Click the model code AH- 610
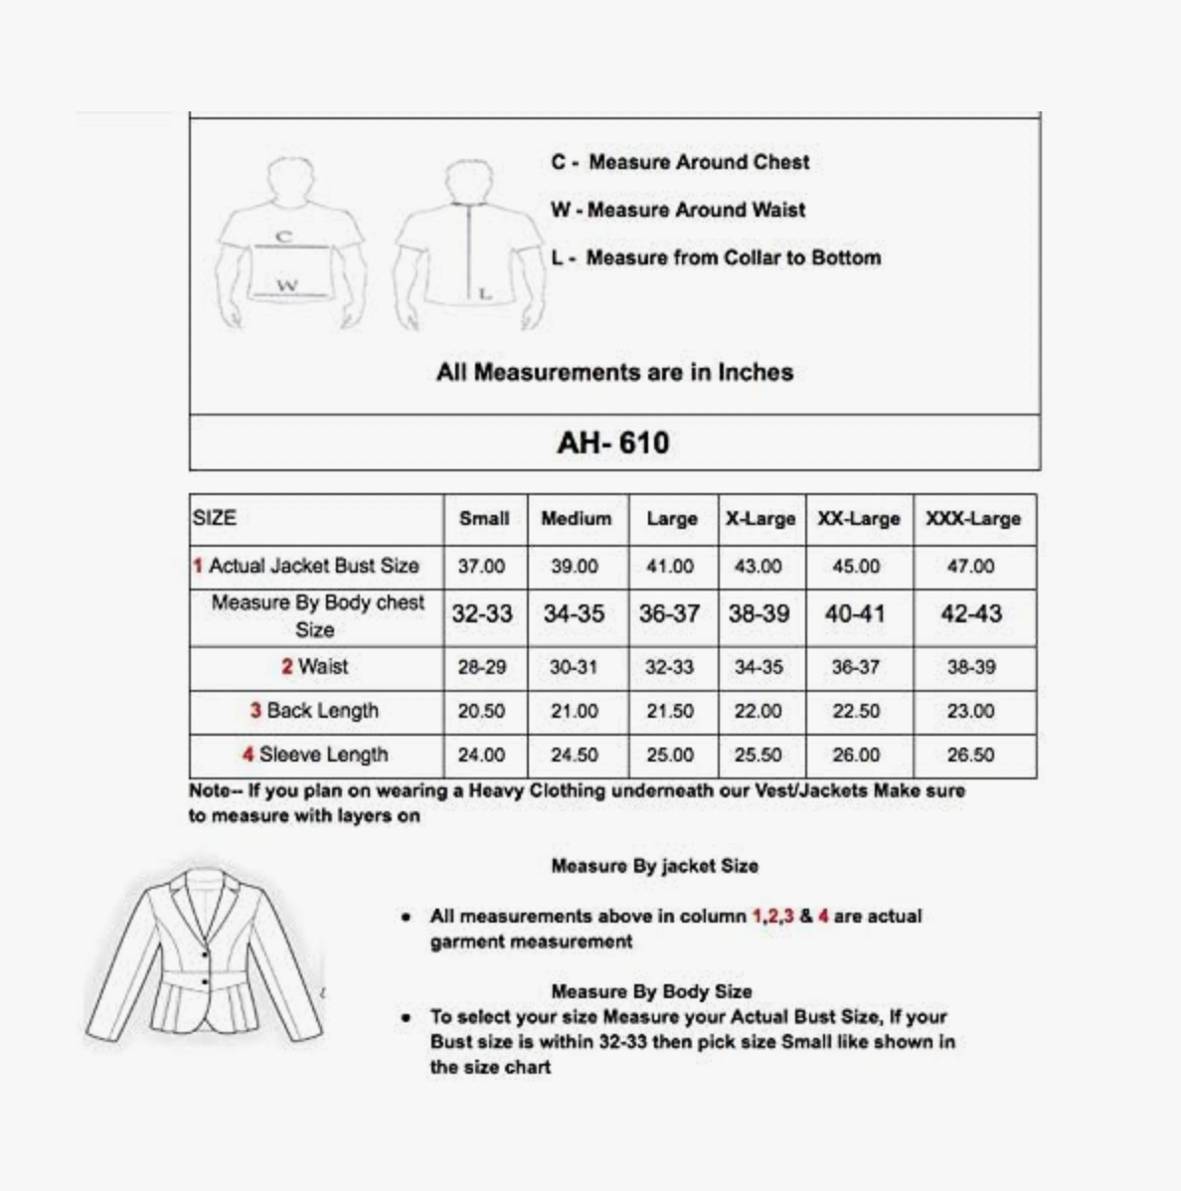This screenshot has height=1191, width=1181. [613, 442]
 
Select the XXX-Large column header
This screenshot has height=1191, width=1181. [972, 519]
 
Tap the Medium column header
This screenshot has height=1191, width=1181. [576, 519]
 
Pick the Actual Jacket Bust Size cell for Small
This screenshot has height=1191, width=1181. [481, 567]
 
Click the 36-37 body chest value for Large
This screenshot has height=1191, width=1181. [669, 614]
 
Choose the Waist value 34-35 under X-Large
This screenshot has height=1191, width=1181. [759, 667]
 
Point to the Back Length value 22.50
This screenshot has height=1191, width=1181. [856, 712]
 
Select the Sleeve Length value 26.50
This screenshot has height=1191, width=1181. [970, 756]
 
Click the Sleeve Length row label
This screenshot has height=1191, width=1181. [315, 755]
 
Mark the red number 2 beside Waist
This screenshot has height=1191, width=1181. [286, 667]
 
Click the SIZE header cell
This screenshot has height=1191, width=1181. [215, 518]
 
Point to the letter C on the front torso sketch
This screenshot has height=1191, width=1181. [285, 237]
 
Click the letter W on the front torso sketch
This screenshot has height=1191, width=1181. [287, 286]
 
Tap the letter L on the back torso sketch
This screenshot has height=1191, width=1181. [485, 293]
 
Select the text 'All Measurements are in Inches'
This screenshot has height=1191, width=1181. [614, 373]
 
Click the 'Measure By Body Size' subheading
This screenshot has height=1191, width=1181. [651, 991]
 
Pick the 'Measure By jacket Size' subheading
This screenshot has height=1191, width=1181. [654, 866]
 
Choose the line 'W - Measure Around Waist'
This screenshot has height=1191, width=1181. [678, 210]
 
